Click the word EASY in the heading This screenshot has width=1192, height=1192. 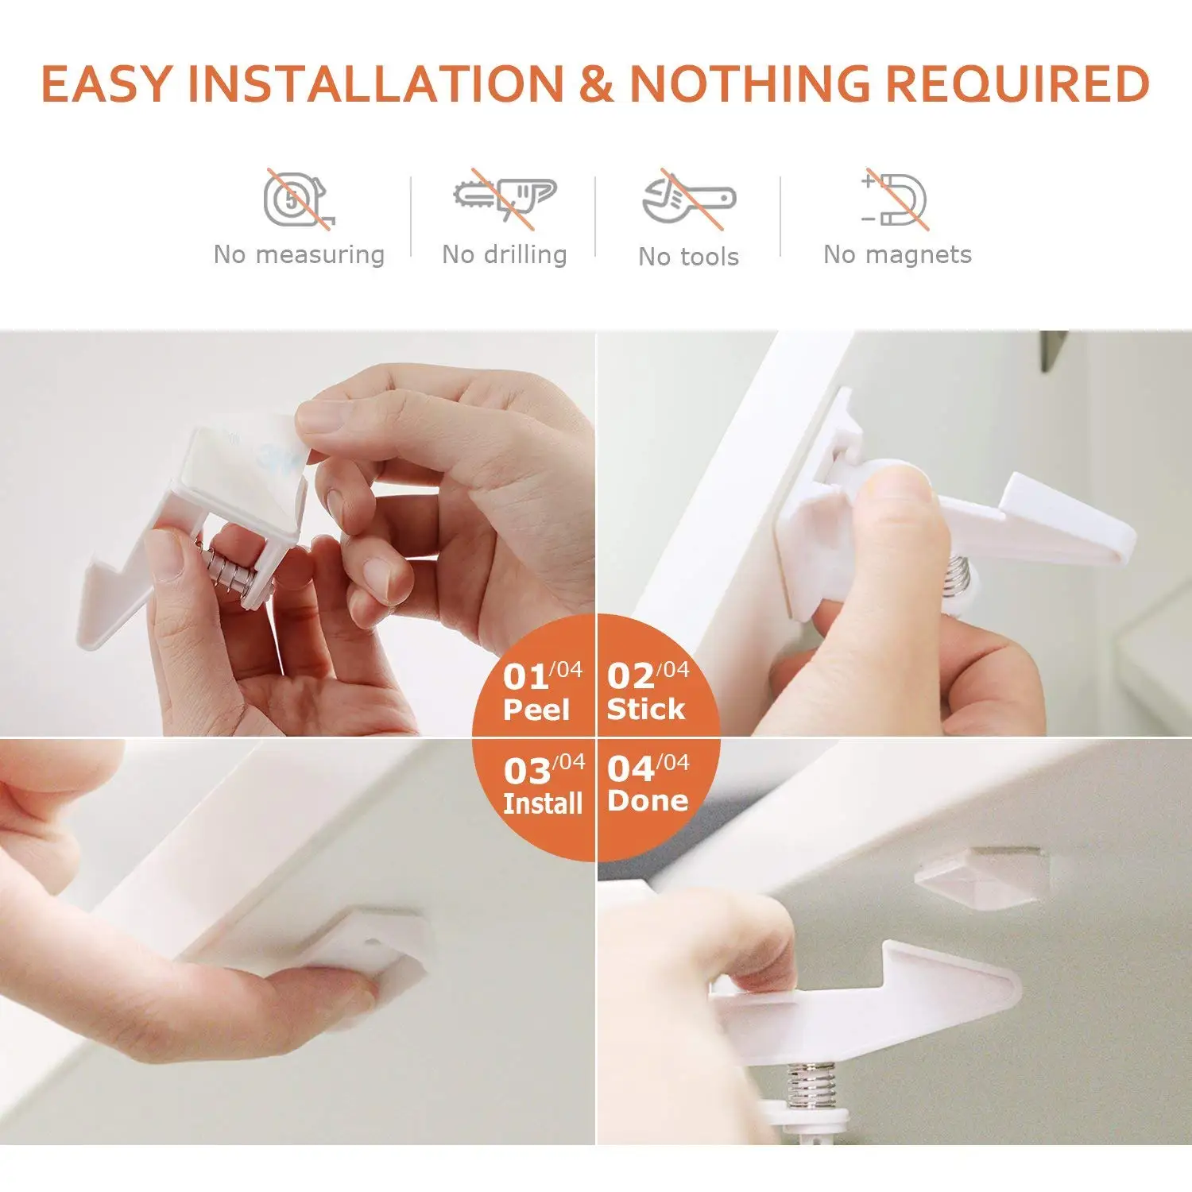[106, 84]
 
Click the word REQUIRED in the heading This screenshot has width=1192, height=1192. [1017, 84]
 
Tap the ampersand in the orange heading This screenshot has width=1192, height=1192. [596, 84]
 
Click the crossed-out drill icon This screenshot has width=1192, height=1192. [505, 197]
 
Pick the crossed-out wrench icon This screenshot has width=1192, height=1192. [688, 199]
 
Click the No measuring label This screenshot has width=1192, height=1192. [299, 255]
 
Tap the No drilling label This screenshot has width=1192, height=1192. [505, 255]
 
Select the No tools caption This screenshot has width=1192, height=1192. [688, 257]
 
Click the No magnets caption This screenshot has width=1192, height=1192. [897, 255]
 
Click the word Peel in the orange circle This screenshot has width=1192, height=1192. [536, 710]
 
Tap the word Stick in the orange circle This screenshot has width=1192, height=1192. [645, 709]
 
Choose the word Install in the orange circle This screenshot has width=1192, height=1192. [543, 803]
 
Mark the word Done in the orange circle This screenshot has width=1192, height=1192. [648, 801]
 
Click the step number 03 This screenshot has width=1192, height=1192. [526, 771]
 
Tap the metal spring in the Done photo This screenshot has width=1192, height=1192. [811, 1086]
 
